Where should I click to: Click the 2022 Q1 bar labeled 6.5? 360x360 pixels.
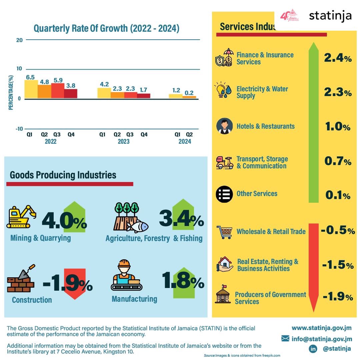click(31, 89)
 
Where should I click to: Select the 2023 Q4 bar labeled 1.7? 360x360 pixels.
click(144, 96)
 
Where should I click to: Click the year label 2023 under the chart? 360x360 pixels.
click(123, 142)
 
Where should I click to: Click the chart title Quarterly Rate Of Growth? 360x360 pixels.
click(106, 28)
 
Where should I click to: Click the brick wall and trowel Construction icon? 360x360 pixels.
click(21, 279)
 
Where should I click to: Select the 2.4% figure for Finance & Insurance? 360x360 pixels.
click(338, 58)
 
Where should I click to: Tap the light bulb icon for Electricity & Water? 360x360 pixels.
click(221, 90)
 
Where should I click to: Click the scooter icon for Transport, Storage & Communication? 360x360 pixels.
click(224, 163)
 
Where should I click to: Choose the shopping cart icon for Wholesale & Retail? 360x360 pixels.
click(224, 232)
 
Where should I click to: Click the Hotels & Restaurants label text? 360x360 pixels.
click(265, 126)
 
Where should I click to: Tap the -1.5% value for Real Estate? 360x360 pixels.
click(337, 265)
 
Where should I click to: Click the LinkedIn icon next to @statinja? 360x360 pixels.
click(313, 349)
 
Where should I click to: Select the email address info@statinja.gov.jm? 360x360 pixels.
click(321, 339)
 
